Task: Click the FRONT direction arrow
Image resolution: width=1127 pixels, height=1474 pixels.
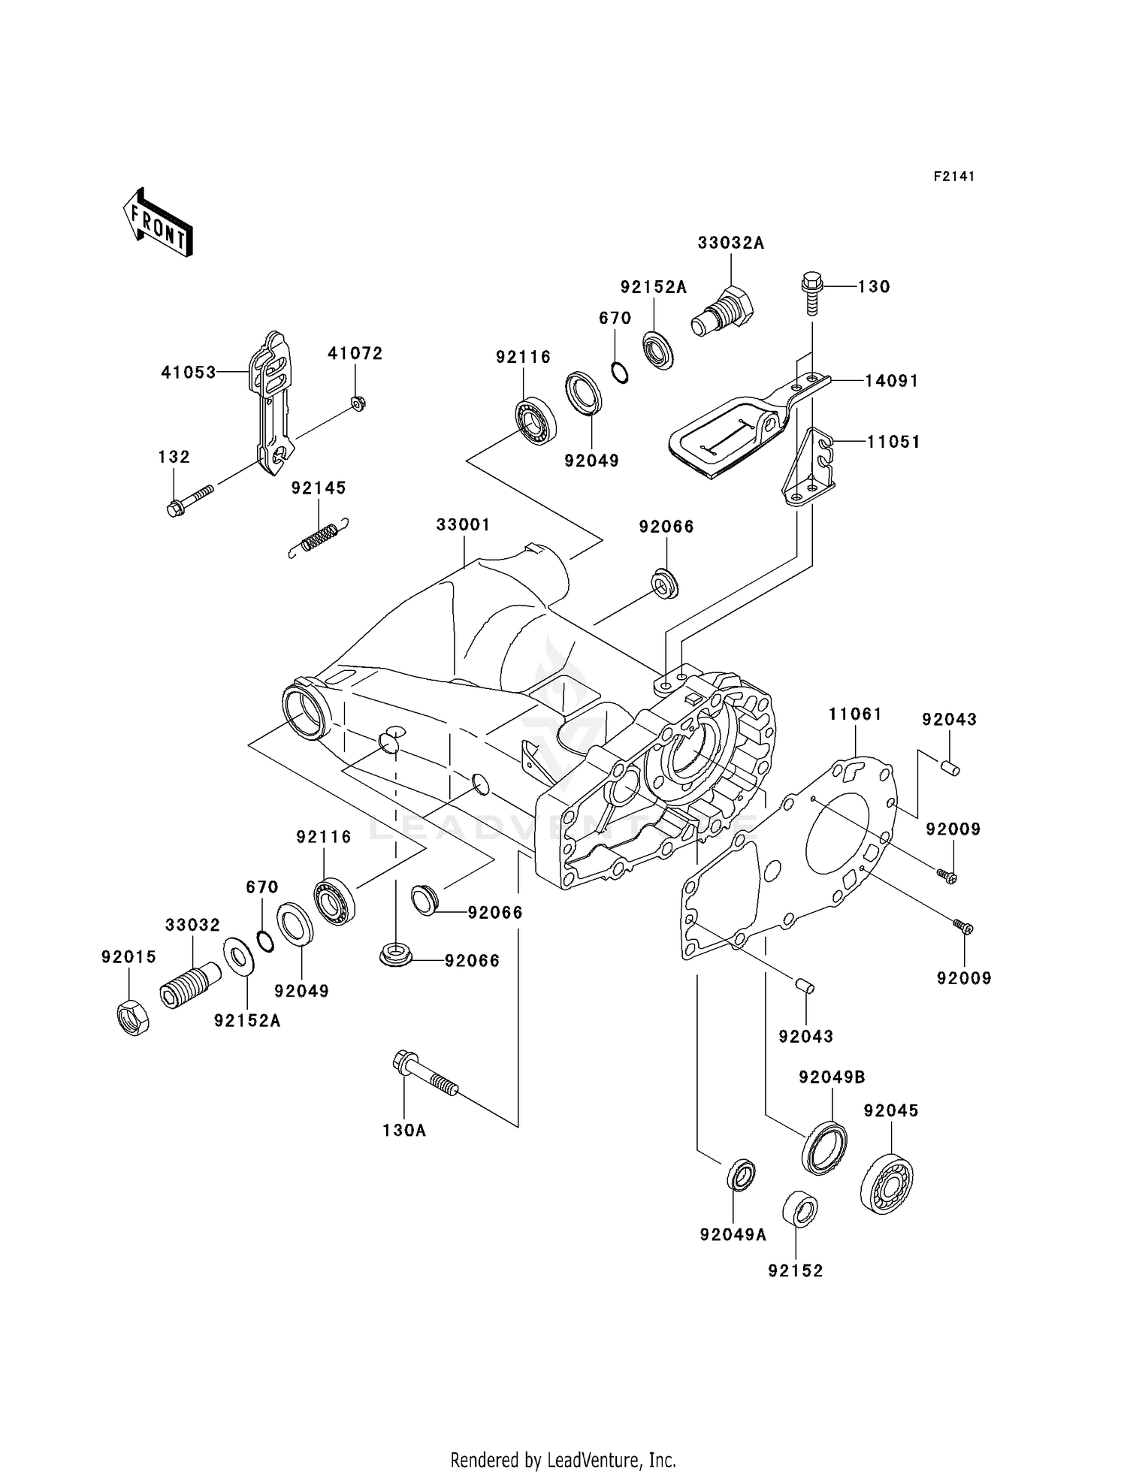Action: pyautogui.click(x=159, y=224)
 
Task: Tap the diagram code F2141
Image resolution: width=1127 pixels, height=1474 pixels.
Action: pyautogui.click(x=954, y=177)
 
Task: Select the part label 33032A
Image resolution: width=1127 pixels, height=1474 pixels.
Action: pyautogui.click(x=730, y=243)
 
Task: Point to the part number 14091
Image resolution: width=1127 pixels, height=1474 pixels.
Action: pyautogui.click(x=891, y=381)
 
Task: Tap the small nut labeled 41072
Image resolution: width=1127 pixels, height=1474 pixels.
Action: pyautogui.click(x=358, y=403)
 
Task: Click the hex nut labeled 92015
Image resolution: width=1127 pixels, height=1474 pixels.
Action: pyautogui.click(x=134, y=1018)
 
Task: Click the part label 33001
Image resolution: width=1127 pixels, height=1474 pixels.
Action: pyautogui.click(x=463, y=524)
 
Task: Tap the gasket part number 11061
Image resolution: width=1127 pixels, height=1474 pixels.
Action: pyautogui.click(x=855, y=714)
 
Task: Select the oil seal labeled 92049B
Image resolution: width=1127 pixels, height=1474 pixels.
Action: pyautogui.click(x=825, y=1146)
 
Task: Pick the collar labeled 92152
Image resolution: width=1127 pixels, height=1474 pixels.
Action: pyautogui.click(x=799, y=1209)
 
